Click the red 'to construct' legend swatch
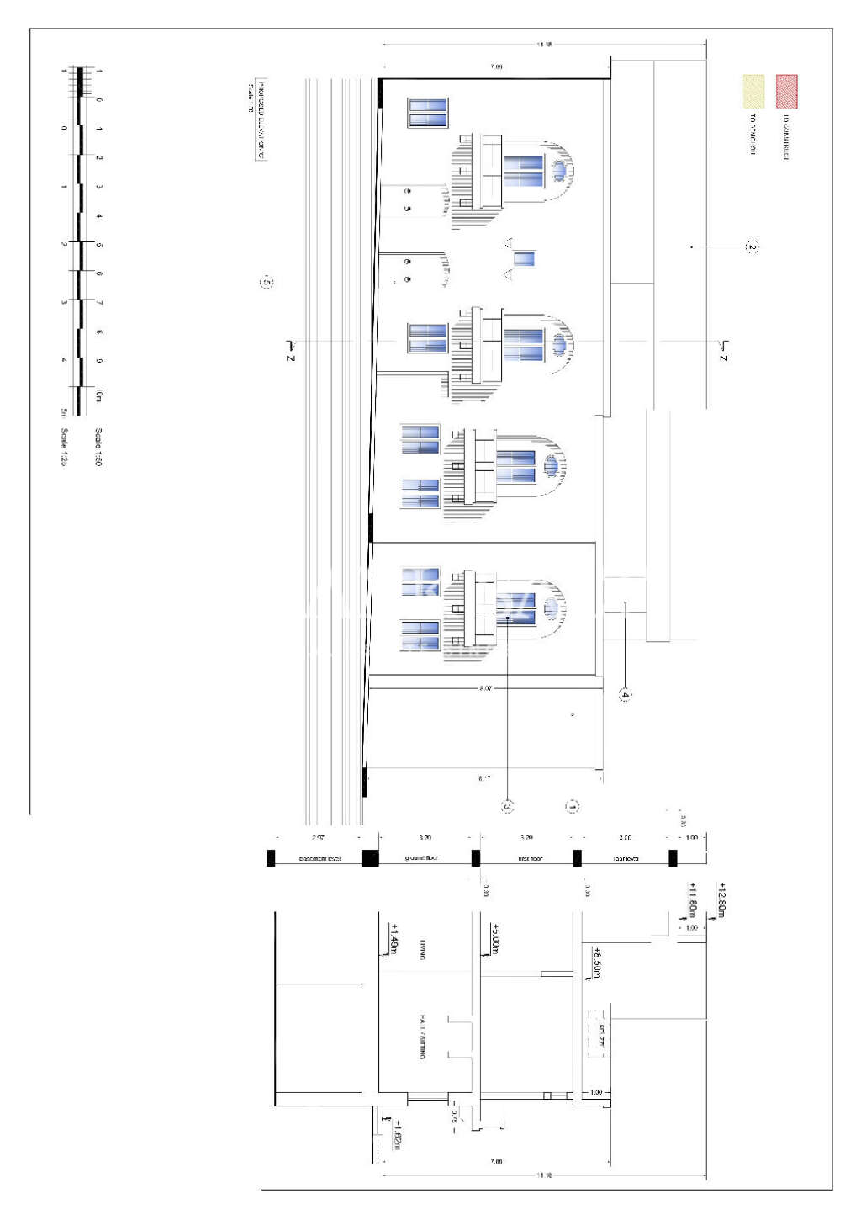[786, 92]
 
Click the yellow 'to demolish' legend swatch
[753, 92]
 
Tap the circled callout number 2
[753, 247]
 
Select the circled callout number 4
[625, 695]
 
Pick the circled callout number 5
[267, 283]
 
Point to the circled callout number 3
[507, 807]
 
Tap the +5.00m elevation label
[495, 938]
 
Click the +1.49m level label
[394, 939]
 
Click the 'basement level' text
[320, 859]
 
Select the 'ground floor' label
[421, 859]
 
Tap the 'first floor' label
[530, 859]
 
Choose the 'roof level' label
[626, 859]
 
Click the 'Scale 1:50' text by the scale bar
[98, 447]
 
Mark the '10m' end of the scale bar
[98, 395]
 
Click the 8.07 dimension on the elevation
[485, 689]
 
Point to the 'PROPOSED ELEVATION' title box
[261, 119]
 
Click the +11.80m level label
[693, 899]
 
